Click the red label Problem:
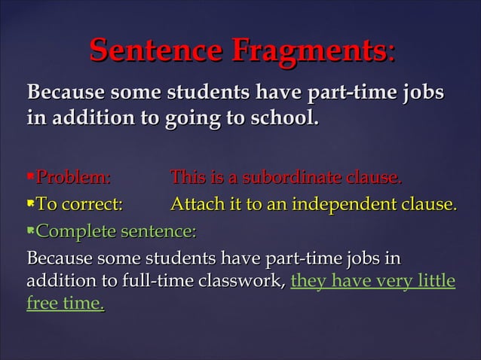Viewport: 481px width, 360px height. tap(73, 178)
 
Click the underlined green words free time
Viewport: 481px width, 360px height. tap(65, 304)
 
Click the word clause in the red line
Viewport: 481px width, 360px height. tap(370, 178)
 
